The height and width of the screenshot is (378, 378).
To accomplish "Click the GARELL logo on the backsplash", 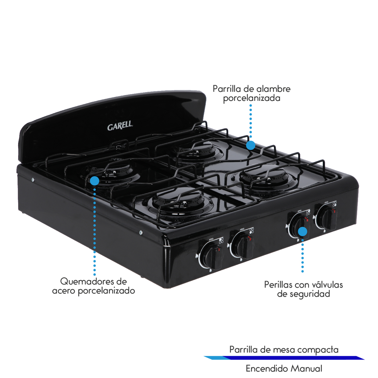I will tap(120, 126).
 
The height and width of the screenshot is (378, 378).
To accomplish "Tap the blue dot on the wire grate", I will tap(251, 145).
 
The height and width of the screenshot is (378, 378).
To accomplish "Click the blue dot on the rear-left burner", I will tap(94, 181).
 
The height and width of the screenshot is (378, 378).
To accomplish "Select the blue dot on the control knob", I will tap(303, 232).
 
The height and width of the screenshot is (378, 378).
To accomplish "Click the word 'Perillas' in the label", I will tap(278, 284).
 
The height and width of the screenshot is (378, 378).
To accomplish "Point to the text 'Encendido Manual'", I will tap(284, 368).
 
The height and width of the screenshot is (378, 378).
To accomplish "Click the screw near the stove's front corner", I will tap(141, 232).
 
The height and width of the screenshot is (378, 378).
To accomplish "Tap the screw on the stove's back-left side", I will tap(33, 180).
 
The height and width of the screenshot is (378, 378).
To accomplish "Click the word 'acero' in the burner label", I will tap(64, 291).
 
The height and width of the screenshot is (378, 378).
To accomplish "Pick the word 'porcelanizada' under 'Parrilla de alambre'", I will tap(252, 98).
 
